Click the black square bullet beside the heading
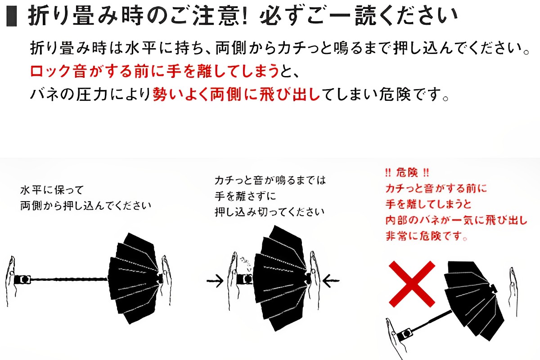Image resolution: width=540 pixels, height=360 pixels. pos(12,16)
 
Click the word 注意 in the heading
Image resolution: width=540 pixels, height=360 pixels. pos(215,16)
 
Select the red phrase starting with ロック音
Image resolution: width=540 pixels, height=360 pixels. pos(154,72)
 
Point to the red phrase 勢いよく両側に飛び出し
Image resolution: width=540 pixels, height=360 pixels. pos(236,94)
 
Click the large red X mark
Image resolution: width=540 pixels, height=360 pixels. pos(412,284)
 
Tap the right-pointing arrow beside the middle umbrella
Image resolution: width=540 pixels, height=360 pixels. pos(215,281)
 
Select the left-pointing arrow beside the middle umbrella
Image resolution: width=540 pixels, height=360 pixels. pos(331,281)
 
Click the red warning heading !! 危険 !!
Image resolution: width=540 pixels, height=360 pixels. pos(407,173)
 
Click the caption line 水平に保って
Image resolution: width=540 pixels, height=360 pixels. pos(52,190)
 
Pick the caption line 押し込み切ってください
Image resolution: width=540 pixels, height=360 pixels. pos(269,212)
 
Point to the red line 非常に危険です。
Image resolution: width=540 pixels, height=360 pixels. pos(427,236)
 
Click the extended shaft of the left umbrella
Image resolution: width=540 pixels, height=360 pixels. pos(69,279)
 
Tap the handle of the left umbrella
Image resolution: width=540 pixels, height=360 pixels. pos(22,279)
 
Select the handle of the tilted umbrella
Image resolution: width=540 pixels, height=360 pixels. pos(405,334)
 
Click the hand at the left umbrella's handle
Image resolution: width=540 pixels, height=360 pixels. pos(11,281)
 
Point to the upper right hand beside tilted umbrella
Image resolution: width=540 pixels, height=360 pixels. pos(513,292)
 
